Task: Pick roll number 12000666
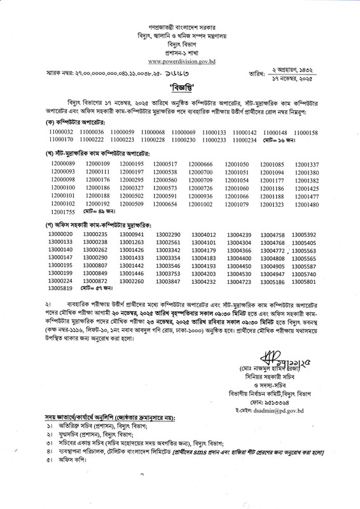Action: [x=200, y=165]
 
